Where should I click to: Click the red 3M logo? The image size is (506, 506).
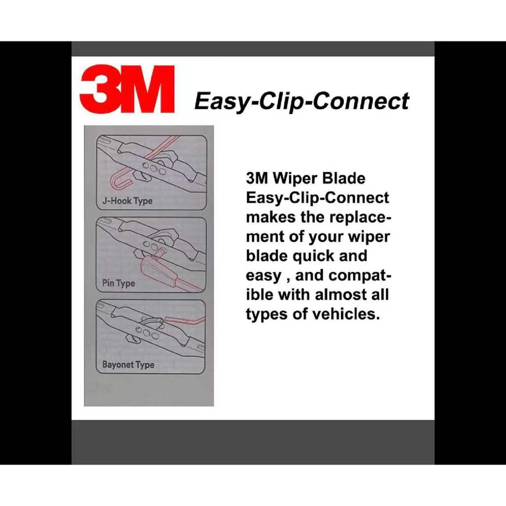(x=127, y=89)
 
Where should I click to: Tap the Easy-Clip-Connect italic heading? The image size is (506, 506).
(x=302, y=101)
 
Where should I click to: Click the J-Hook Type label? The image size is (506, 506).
(x=127, y=201)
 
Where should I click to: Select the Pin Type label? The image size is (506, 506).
(x=119, y=283)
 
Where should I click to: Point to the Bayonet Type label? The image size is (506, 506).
(x=128, y=365)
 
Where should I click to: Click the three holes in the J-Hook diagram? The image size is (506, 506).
(x=155, y=169)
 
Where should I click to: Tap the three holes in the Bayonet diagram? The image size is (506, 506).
(x=147, y=333)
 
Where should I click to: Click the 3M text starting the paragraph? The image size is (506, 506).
(x=257, y=178)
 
